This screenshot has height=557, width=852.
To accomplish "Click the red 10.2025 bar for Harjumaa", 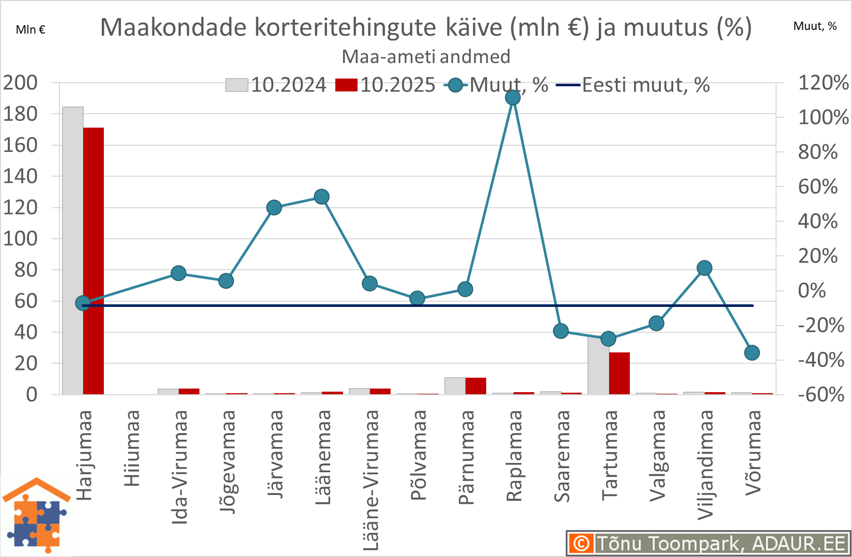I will (94, 261).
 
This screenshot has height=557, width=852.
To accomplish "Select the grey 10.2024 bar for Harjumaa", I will (73, 251).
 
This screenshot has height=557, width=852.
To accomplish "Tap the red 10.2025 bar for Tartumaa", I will (619, 373).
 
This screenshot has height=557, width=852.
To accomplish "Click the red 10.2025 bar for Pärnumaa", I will (476, 386).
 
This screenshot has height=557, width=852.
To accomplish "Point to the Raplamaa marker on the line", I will (513, 97).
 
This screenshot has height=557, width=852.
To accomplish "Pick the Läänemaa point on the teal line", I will (322, 197).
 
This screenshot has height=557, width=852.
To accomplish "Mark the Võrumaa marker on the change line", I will (752, 353).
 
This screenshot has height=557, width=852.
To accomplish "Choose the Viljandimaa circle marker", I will (704, 268).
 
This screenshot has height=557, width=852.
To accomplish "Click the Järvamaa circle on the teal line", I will (274, 208).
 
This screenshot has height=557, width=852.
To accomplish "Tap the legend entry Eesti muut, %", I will (633, 85).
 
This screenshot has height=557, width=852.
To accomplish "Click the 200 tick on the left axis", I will (21, 83).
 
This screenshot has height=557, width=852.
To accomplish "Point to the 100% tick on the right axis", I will (823, 117).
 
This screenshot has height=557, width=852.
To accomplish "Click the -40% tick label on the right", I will (821, 360).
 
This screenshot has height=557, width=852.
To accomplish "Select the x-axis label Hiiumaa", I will (132, 448).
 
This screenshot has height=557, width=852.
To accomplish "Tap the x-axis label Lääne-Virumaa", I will (371, 480).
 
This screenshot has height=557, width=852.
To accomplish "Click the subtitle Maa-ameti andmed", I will (426, 56).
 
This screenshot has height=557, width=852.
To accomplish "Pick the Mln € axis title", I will (30, 29).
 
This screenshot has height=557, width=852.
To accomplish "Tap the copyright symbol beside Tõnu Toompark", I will (581, 544).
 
